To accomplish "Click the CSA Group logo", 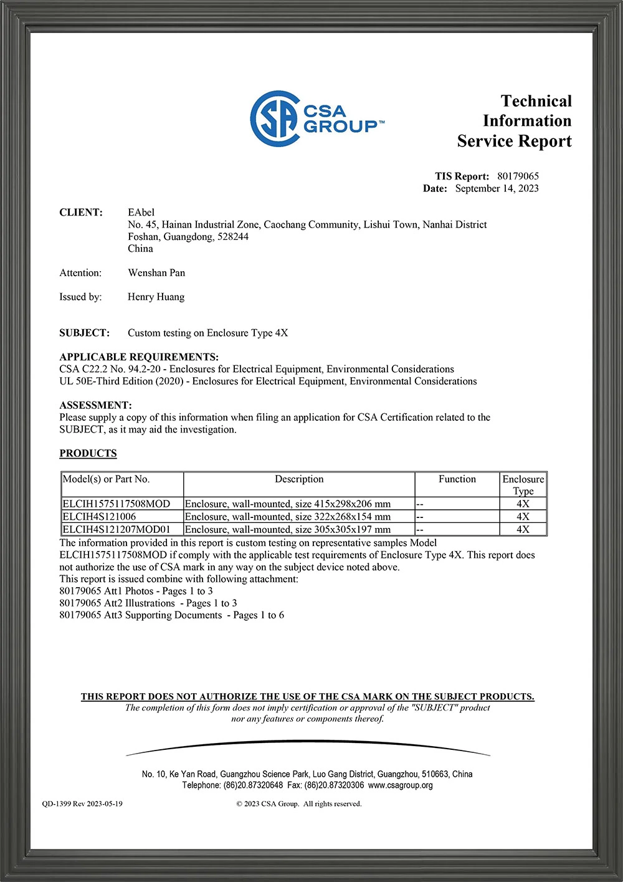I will pyautogui.click(x=316, y=119).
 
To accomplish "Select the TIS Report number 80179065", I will pyautogui.click(x=518, y=176).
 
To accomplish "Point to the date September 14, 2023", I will pyautogui.click(x=497, y=188).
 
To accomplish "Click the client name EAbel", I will pyautogui.click(x=141, y=213).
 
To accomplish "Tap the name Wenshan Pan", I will pyautogui.click(x=156, y=273).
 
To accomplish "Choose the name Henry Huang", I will pyautogui.click(x=156, y=297).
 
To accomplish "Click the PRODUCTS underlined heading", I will pyautogui.click(x=88, y=453).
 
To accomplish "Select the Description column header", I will pyautogui.click(x=299, y=479).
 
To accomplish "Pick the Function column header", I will pyautogui.click(x=457, y=479).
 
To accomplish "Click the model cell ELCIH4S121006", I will pyautogui.click(x=99, y=517).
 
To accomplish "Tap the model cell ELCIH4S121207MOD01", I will pyautogui.click(x=116, y=529).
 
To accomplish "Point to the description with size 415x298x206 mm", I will pyautogui.click(x=288, y=504).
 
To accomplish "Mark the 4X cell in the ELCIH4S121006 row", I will pyautogui.click(x=523, y=517).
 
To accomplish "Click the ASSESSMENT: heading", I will pyautogui.click(x=95, y=405).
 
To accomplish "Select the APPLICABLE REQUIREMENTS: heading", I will pyautogui.click(x=139, y=357).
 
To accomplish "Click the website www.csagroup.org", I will pyautogui.click(x=400, y=785).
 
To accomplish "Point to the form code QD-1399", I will pyautogui.click(x=57, y=803).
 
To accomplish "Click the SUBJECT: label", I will pyautogui.click(x=84, y=333).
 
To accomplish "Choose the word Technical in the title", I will pyautogui.click(x=536, y=101).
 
